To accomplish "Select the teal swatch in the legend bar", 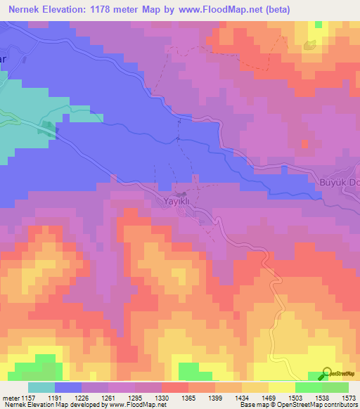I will point(41,387).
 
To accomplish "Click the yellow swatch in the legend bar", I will point(281,387).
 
